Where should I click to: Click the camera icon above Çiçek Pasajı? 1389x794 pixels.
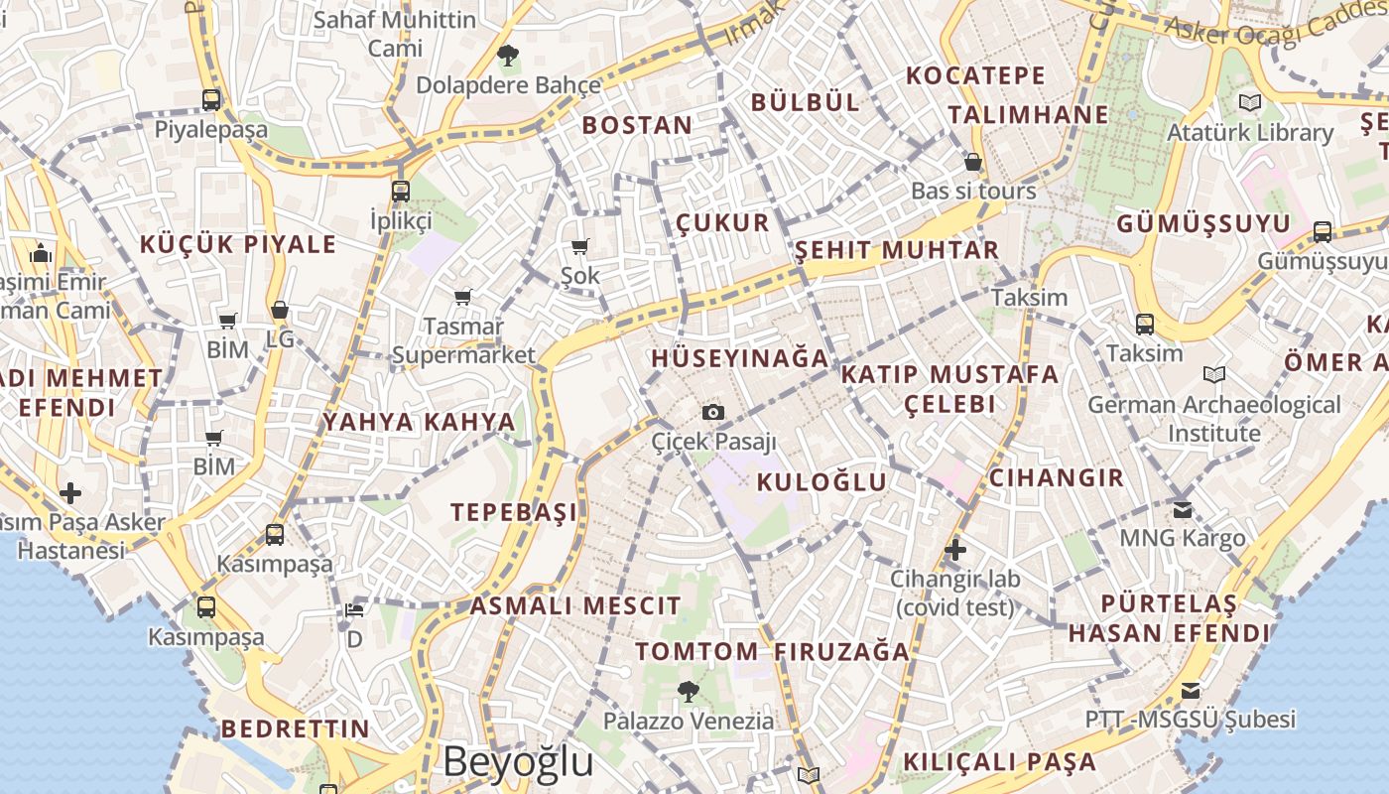[x=712, y=412]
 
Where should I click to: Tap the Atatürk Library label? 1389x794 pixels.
[x=1250, y=132]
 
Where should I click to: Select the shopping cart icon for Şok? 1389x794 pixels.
[x=579, y=246]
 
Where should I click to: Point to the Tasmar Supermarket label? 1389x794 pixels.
[x=463, y=340]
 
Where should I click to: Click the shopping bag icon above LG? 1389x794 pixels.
[x=280, y=310]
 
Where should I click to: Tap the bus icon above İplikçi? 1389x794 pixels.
[x=401, y=191]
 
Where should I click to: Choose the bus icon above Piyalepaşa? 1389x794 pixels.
[x=211, y=99]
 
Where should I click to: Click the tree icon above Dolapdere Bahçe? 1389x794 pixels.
[x=508, y=56]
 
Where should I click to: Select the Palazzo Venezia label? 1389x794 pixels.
[x=689, y=721]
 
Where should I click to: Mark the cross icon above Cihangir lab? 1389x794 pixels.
[x=955, y=549]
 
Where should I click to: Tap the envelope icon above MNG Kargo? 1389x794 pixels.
[x=1182, y=509]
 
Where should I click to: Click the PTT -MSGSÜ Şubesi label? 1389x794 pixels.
[x=1190, y=719]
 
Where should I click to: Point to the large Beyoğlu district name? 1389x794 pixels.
[x=518, y=761]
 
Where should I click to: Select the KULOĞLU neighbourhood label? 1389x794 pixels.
[x=821, y=482]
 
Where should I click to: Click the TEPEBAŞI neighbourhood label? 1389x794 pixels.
[x=513, y=512]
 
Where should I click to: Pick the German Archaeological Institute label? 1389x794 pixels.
[x=1213, y=419]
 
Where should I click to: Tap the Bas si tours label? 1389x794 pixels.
[x=973, y=191]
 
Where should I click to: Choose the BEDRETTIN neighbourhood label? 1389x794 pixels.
[x=295, y=728]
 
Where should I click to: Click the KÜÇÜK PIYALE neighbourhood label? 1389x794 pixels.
[x=238, y=244]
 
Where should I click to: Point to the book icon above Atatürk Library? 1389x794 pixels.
[x=1250, y=101]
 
